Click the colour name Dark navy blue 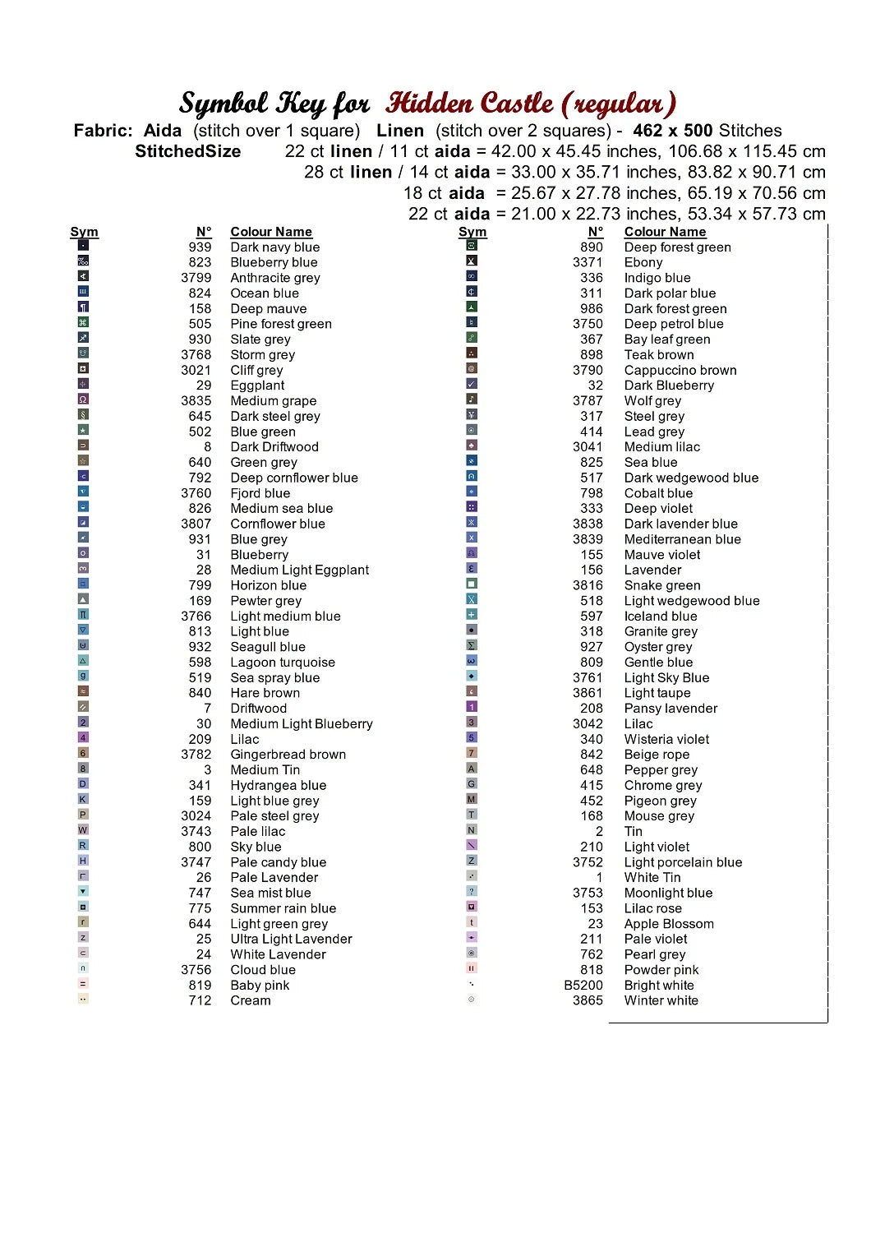[274, 247]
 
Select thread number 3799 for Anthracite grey [196, 278]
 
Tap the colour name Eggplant [257, 386]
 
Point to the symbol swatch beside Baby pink [83, 984]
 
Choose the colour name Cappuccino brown [680, 370]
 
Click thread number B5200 [583, 986]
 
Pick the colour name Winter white [661, 1000]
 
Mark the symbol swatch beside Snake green [472, 584]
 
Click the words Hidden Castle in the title [470, 104]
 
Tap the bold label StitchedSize [188, 151]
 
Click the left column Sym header [84, 232]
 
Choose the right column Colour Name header [665, 232]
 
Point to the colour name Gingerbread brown [288, 755]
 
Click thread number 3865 [588, 1000]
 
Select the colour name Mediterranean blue [682, 539]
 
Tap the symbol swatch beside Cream [83, 999]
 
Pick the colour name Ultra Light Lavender [291, 939]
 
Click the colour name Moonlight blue [668, 893]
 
